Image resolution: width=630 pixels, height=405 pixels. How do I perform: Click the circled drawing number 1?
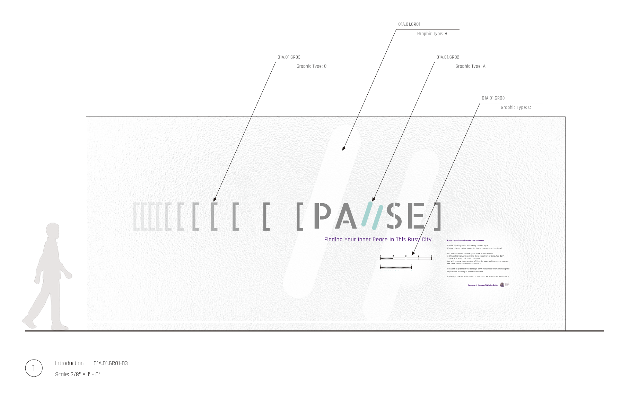click(x=34, y=368)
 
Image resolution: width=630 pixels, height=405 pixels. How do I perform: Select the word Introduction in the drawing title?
click(x=69, y=363)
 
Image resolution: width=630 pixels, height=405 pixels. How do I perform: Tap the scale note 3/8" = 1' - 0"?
click(x=78, y=374)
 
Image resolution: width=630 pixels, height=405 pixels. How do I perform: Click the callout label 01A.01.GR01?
click(x=409, y=24)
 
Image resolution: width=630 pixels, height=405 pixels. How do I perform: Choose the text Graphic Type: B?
click(x=432, y=34)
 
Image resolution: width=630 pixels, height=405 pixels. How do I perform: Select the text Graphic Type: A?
click(x=470, y=66)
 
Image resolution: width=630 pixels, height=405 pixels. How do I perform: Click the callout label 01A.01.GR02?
click(x=448, y=57)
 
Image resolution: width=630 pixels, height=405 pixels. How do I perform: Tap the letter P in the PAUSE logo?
click(x=322, y=216)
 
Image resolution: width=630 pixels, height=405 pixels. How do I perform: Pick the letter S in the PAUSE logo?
click(x=395, y=216)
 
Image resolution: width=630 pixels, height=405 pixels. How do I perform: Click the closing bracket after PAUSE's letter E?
click(x=438, y=216)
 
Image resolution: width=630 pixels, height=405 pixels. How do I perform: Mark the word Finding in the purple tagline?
click(x=333, y=240)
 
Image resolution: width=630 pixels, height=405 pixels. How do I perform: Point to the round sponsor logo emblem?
click(x=502, y=285)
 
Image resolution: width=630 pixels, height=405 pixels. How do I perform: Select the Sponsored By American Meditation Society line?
click(x=483, y=285)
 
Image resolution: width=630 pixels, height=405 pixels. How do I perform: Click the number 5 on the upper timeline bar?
click(x=431, y=256)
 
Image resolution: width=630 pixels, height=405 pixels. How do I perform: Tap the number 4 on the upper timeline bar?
click(x=419, y=256)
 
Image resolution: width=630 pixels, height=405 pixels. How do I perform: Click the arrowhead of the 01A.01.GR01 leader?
click(x=343, y=148)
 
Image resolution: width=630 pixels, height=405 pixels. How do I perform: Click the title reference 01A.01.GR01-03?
click(x=111, y=363)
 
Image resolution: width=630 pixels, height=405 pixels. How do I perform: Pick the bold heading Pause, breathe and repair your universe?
click(x=465, y=240)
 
